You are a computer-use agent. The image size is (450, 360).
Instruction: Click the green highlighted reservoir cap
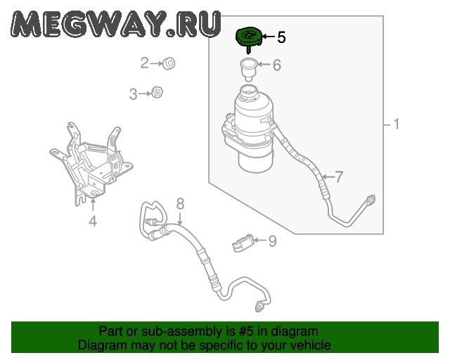pyautogui.click(x=248, y=39)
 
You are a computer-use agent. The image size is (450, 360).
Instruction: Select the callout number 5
pyautogui.click(x=281, y=37)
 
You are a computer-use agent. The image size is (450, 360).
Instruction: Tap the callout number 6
pyautogui.click(x=276, y=65)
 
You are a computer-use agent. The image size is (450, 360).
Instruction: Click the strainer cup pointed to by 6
pyautogui.click(x=248, y=70)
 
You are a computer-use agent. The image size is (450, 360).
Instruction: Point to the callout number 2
pyautogui.click(x=144, y=63)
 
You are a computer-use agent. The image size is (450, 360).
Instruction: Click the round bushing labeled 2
pyautogui.click(x=169, y=63)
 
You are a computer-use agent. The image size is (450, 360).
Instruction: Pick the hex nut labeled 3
pyautogui.click(x=157, y=92)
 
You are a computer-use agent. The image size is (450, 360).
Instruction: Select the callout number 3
pyautogui.click(x=133, y=94)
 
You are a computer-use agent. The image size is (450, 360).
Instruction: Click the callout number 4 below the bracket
pyautogui.click(x=93, y=221)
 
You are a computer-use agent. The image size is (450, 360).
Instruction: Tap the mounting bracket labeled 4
pyautogui.click(x=91, y=164)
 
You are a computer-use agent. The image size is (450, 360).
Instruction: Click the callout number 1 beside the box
pyautogui.click(x=397, y=124)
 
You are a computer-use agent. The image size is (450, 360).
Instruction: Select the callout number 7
pyautogui.click(x=339, y=177)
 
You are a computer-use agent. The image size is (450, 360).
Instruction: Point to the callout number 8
pyautogui.click(x=180, y=204)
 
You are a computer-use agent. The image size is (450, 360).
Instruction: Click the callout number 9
pyautogui.click(x=272, y=241)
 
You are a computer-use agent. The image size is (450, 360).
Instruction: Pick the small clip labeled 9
pyautogui.click(x=243, y=243)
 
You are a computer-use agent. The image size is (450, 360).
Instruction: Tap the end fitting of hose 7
pyautogui.click(x=371, y=200)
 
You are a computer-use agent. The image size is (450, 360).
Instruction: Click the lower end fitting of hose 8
pyautogui.click(x=259, y=308)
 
